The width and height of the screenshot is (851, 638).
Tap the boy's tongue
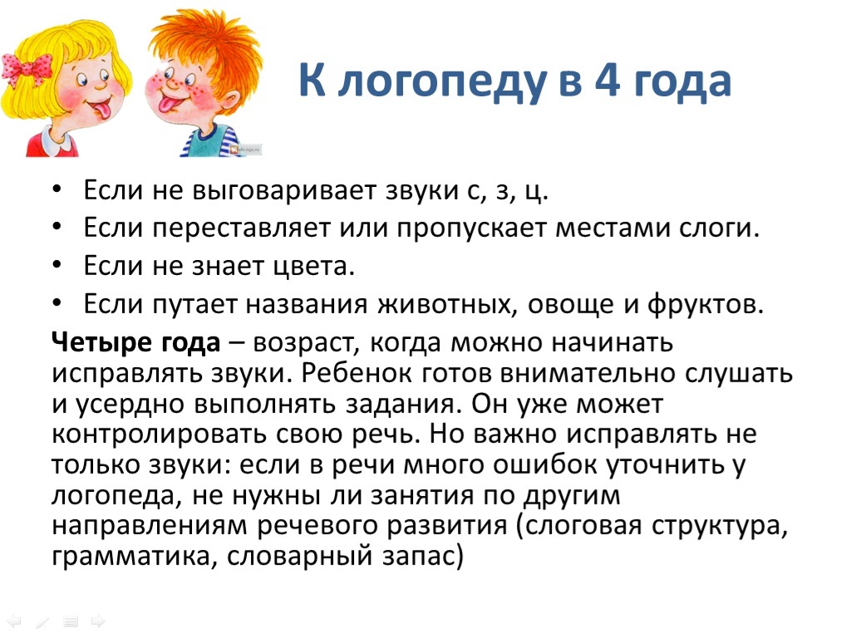click(166, 102)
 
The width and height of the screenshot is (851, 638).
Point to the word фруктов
click(705, 304)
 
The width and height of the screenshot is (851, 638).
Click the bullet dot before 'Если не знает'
click(57, 265)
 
